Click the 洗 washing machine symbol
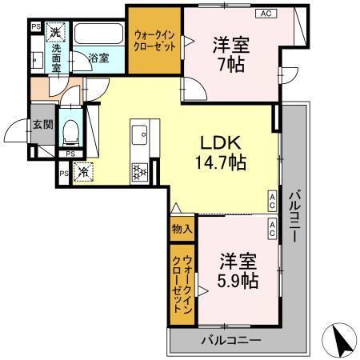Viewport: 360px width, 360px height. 55,34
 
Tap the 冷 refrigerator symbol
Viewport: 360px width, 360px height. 83,170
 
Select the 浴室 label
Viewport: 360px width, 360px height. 98,58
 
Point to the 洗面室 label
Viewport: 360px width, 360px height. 56,58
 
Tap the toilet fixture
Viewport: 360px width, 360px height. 70,129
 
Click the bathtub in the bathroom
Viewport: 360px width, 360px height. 98,37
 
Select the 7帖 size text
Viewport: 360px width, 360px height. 231,65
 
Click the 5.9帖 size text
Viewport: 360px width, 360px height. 238,281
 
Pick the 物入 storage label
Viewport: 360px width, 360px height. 182,229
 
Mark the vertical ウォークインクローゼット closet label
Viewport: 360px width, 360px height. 182,285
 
